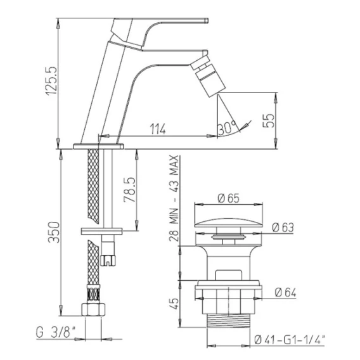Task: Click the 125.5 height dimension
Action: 51,80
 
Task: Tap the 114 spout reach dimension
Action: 158,129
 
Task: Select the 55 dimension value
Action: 269,120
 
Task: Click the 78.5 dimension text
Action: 130,190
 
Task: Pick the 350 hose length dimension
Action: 54,232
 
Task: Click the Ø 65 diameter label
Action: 228,198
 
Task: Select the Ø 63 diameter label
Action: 283,228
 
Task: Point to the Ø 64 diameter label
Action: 285,293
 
